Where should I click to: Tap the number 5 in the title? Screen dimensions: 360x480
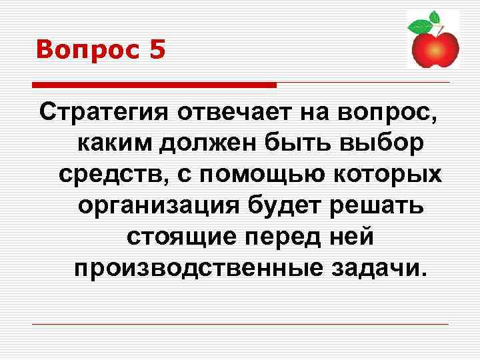[x=157, y=50]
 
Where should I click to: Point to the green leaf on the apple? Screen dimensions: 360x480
[x=419, y=27]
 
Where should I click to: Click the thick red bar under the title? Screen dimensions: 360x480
[x=154, y=85]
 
